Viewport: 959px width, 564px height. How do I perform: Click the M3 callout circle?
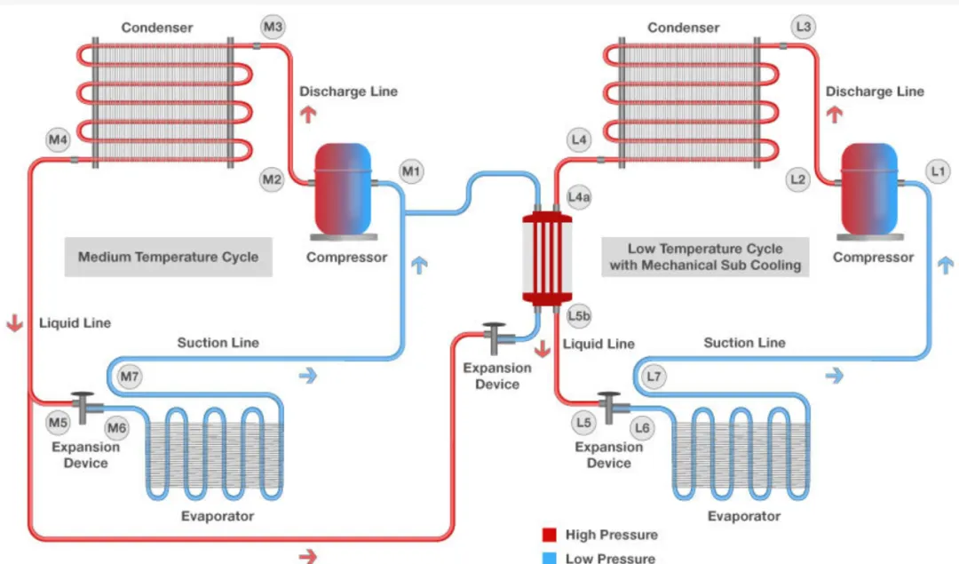click(x=273, y=28)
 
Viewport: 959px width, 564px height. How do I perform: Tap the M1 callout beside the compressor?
click(x=411, y=170)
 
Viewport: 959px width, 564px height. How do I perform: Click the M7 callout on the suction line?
click(x=131, y=377)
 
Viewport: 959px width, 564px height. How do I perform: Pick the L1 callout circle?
click(x=937, y=170)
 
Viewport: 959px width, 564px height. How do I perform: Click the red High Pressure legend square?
click(x=550, y=535)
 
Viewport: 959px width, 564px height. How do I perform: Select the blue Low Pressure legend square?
click(x=550, y=558)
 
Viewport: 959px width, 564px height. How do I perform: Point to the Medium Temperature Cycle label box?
click(x=168, y=258)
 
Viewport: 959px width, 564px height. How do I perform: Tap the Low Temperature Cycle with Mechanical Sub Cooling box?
click(x=705, y=257)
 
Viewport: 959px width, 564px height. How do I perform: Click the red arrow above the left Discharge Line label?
click(x=307, y=114)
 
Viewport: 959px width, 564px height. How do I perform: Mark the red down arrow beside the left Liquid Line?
click(x=14, y=322)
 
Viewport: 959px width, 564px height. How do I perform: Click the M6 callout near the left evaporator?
click(x=116, y=429)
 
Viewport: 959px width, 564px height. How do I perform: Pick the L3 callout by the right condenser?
click(x=803, y=28)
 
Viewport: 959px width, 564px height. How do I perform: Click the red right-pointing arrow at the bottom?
click(x=307, y=556)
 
